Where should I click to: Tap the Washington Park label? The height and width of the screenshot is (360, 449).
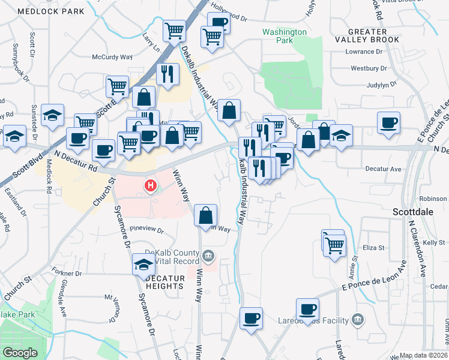pyautogui.click(x=285, y=36)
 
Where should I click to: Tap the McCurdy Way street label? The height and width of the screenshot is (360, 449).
pyautogui.click(x=112, y=57)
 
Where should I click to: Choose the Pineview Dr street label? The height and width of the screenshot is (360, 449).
pyautogui.click(x=146, y=229)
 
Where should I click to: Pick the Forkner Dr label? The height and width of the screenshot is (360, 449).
pyautogui.click(x=66, y=273)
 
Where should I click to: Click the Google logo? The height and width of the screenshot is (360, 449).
pyautogui.click(x=20, y=353)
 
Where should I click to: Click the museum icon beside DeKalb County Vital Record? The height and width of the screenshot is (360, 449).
pyautogui.click(x=208, y=256)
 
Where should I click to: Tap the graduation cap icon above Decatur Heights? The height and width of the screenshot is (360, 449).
pyautogui.click(x=144, y=263)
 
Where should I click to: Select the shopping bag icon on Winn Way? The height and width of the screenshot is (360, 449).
pyautogui.click(x=206, y=214)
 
